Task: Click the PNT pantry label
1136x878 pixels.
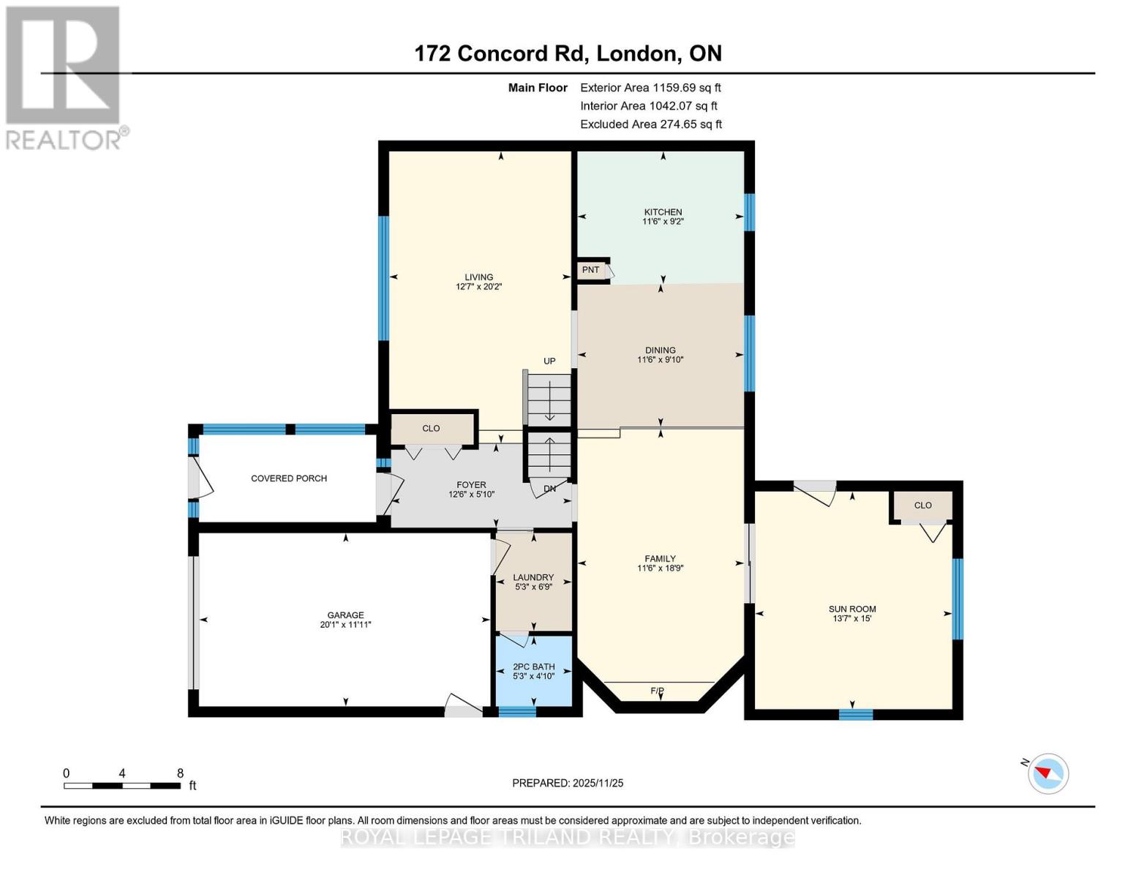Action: click(x=590, y=270)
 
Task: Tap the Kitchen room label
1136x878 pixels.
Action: click(x=663, y=212)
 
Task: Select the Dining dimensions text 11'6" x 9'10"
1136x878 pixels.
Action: click(x=660, y=360)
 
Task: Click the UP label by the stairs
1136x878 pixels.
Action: click(x=549, y=361)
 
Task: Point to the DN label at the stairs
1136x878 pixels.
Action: click(x=549, y=489)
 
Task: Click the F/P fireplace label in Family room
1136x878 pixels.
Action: click(x=657, y=691)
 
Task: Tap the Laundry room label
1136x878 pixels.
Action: click(x=533, y=577)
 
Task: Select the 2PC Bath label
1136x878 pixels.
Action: click(x=533, y=667)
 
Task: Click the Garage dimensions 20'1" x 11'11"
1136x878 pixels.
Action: click(x=345, y=625)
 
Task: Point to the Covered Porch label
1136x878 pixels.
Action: click(x=289, y=479)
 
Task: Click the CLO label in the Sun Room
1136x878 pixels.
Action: click(x=922, y=505)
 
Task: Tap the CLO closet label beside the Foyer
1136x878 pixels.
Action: click(x=431, y=428)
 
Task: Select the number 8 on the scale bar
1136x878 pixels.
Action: click(x=180, y=773)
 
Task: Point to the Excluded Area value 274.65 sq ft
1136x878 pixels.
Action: click(x=691, y=124)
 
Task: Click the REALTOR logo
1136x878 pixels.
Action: click(x=64, y=77)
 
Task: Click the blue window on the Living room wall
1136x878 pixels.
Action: click(x=383, y=278)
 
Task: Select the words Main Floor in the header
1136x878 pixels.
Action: click(x=538, y=88)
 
